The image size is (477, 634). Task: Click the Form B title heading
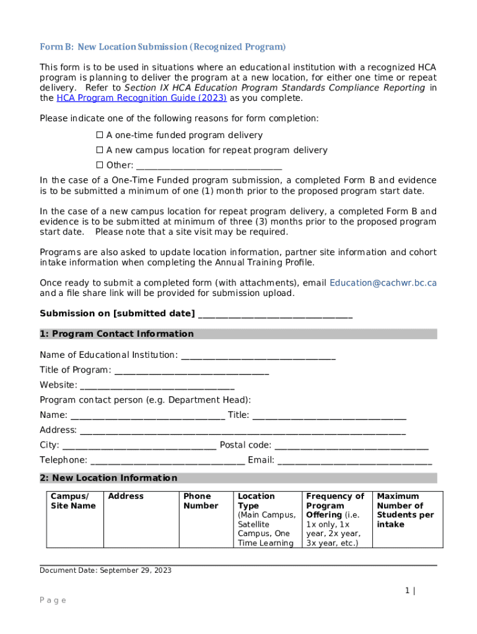(163, 47)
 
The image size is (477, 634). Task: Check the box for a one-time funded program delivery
(99, 136)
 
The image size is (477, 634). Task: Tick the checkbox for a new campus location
(99, 150)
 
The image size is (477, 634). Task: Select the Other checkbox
(99, 165)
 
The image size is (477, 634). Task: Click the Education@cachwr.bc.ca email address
(383, 283)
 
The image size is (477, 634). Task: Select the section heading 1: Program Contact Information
(116, 334)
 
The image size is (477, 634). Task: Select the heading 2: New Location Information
(108, 478)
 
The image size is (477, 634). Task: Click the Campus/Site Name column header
(73, 501)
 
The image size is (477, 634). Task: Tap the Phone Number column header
(201, 501)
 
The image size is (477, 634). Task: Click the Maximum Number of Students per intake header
(405, 510)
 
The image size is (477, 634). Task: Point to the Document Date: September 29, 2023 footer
(105, 570)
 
